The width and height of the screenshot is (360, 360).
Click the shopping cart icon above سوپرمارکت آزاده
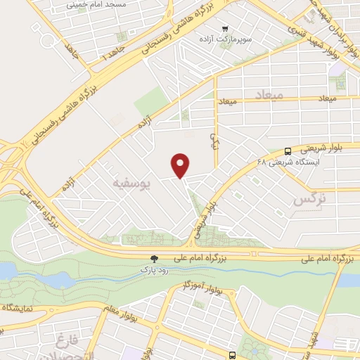click(x=224, y=29)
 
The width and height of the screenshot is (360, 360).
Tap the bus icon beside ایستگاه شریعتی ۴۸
click(x=288, y=151)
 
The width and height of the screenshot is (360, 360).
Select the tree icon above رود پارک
click(x=155, y=259)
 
